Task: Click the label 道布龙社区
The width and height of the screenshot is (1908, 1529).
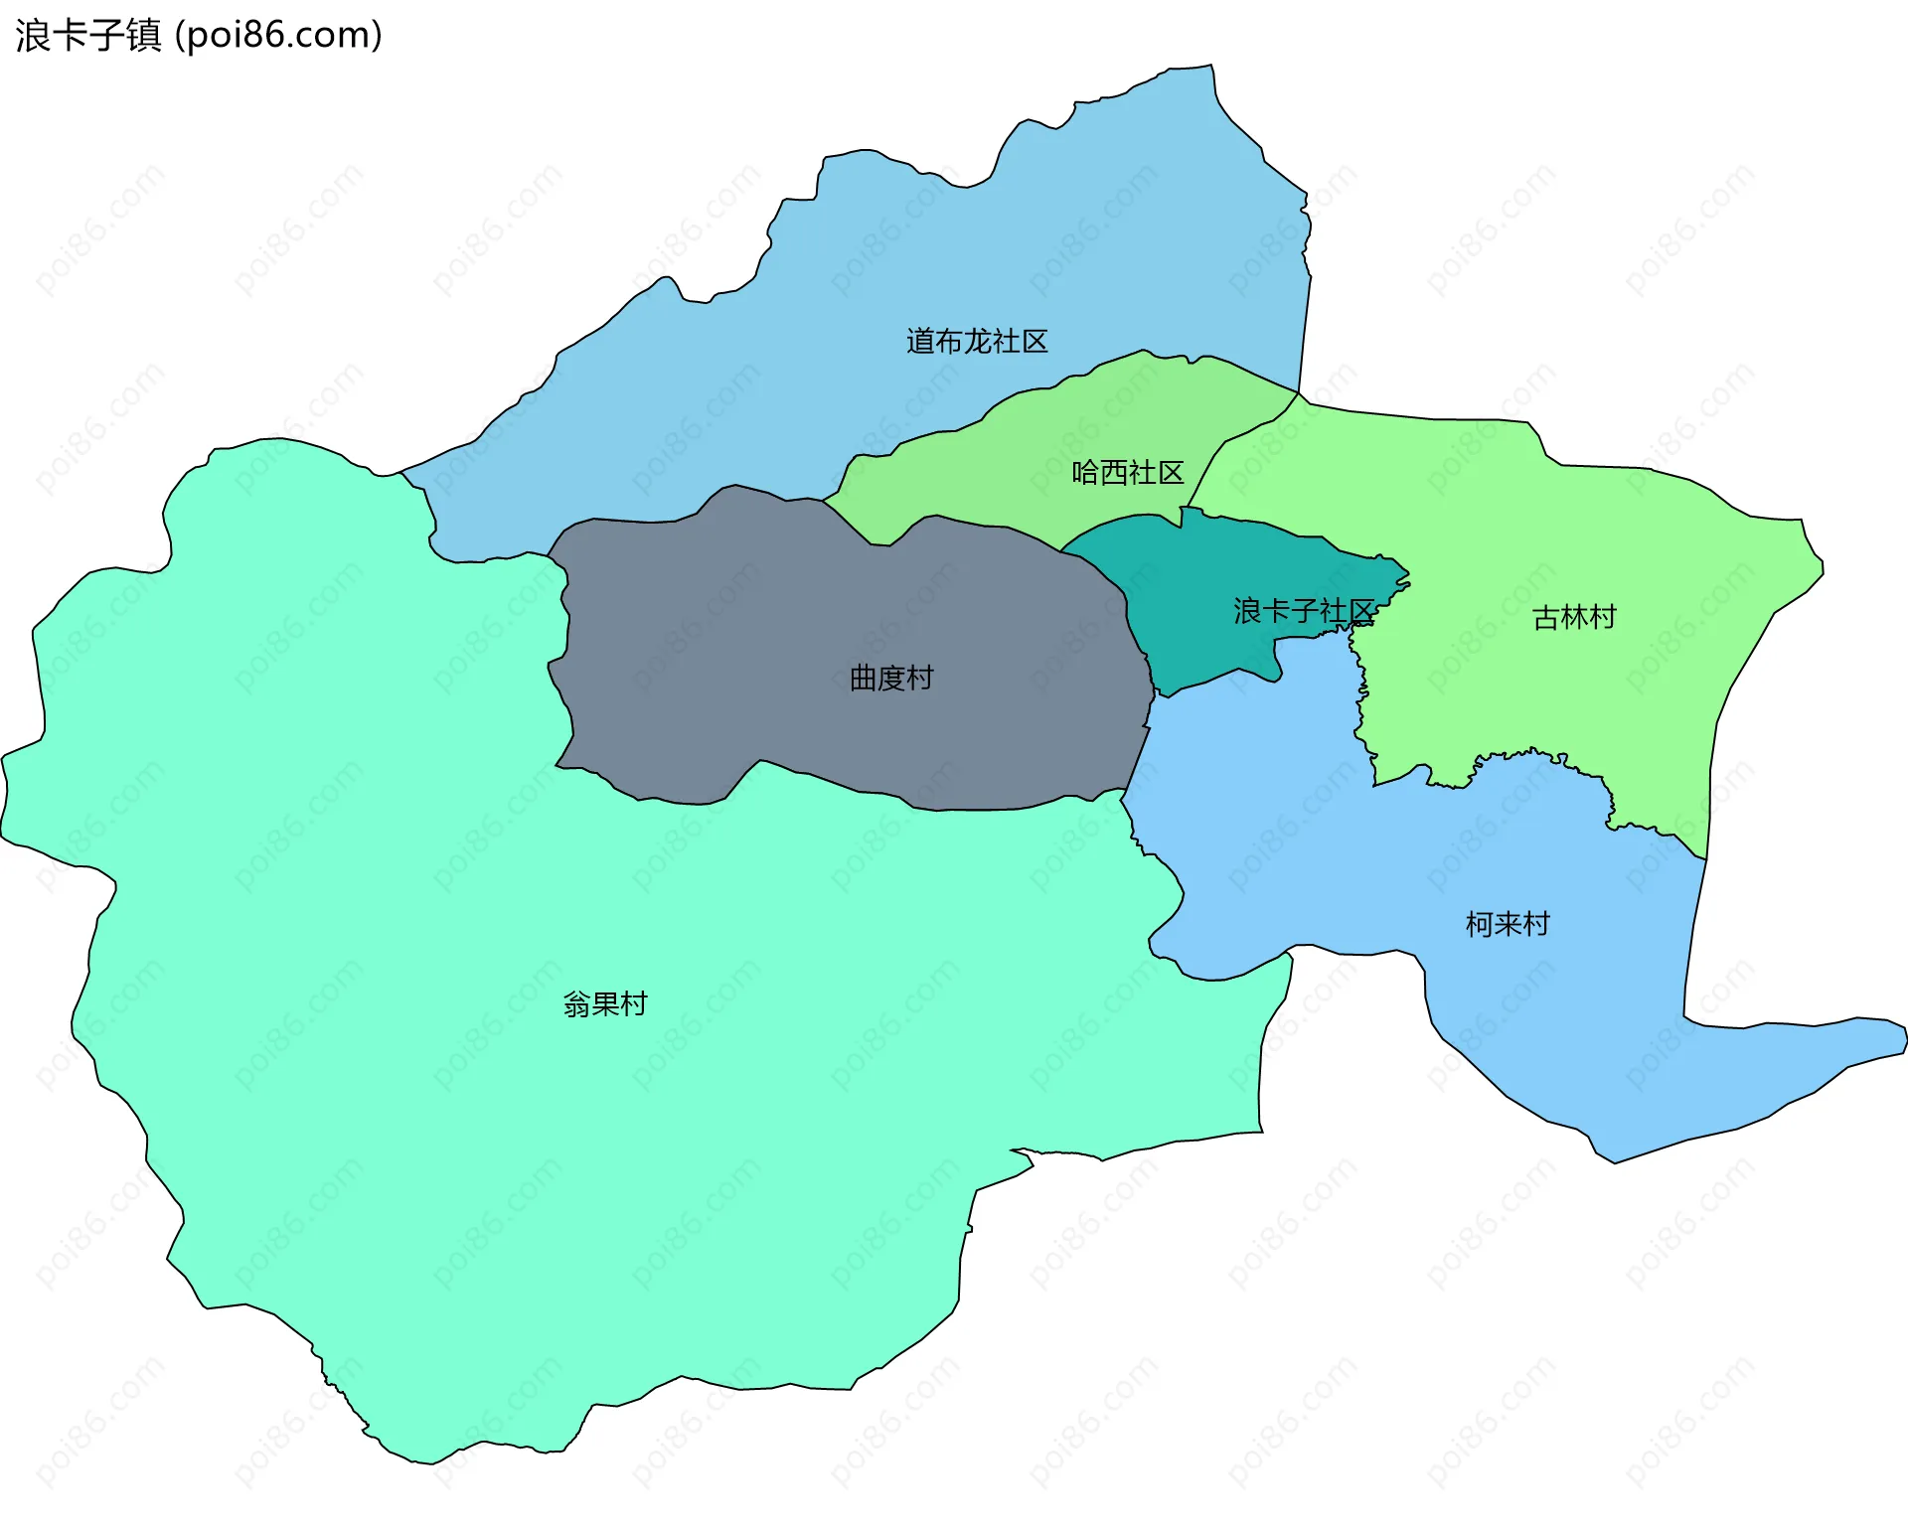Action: click(x=977, y=342)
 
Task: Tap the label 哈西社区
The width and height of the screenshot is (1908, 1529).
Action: click(x=1128, y=473)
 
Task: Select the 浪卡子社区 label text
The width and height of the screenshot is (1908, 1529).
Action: click(x=1304, y=611)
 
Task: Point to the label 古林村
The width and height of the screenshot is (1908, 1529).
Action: click(x=1574, y=618)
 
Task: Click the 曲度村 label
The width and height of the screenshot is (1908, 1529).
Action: click(x=891, y=679)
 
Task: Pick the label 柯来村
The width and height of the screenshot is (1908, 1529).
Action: click(x=1508, y=925)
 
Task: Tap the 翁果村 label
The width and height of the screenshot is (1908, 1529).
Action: click(x=605, y=1004)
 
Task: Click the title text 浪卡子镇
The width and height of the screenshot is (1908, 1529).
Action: click(x=88, y=36)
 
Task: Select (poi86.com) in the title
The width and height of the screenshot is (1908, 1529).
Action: click(x=278, y=36)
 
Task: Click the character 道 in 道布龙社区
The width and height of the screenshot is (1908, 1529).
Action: click(x=920, y=342)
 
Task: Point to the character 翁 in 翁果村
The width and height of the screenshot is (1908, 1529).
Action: click(x=577, y=1004)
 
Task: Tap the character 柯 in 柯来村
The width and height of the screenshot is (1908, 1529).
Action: click(x=1480, y=925)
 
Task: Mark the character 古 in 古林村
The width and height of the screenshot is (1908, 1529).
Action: click(x=1546, y=618)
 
